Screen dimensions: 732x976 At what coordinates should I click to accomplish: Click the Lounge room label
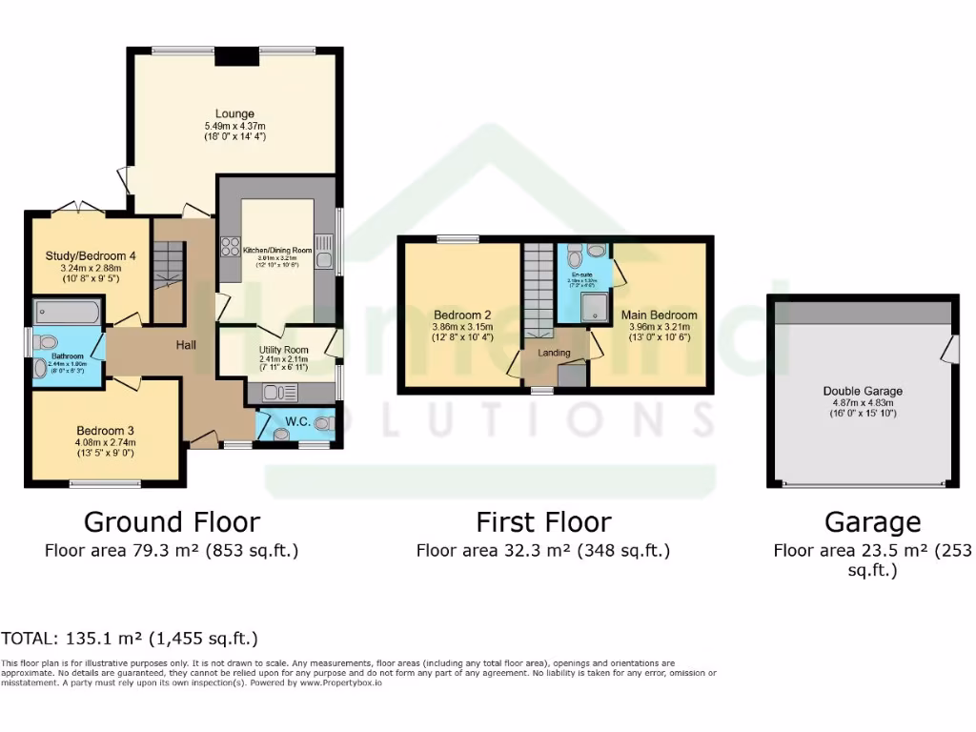click(x=234, y=114)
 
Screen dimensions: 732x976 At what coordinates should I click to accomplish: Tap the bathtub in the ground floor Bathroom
click(x=67, y=312)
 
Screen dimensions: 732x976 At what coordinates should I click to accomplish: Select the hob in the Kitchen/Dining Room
click(x=231, y=247)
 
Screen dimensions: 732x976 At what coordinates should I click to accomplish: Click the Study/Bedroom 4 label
click(x=85, y=255)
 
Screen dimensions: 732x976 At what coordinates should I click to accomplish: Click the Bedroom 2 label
click(x=462, y=315)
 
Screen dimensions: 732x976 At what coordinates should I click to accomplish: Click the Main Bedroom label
click(x=659, y=315)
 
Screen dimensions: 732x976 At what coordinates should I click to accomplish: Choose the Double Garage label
click(x=863, y=391)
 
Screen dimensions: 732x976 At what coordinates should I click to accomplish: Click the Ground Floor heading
click(x=172, y=522)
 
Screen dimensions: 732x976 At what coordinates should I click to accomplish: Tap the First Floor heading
click(x=543, y=522)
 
